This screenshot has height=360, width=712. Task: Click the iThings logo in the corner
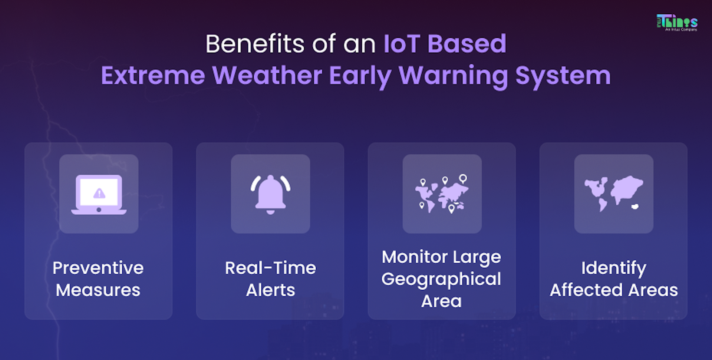(x=677, y=22)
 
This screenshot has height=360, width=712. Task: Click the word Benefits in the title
(x=255, y=44)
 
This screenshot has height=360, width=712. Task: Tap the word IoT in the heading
(x=402, y=44)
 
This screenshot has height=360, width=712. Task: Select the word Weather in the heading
(x=267, y=76)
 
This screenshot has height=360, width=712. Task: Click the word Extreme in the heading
(x=153, y=76)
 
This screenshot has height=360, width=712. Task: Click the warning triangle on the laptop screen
(x=99, y=193)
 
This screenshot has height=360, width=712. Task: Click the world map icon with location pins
(x=442, y=194)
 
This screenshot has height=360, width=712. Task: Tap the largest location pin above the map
(x=463, y=179)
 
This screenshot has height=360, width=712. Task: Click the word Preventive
(x=98, y=268)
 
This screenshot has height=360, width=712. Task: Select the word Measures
(x=98, y=290)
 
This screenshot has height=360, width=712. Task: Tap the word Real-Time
(x=270, y=268)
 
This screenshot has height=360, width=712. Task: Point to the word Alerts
(x=270, y=290)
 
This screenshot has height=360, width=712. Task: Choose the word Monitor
(x=415, y=257)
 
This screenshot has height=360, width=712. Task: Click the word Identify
(x=614, y=268)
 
